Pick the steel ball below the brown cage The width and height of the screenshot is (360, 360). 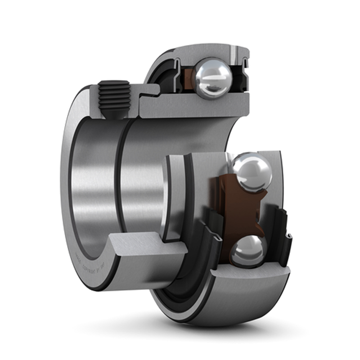point(247,251)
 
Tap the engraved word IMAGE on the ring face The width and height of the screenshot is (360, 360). point(77,259)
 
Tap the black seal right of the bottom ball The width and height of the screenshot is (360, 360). point(283,238)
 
